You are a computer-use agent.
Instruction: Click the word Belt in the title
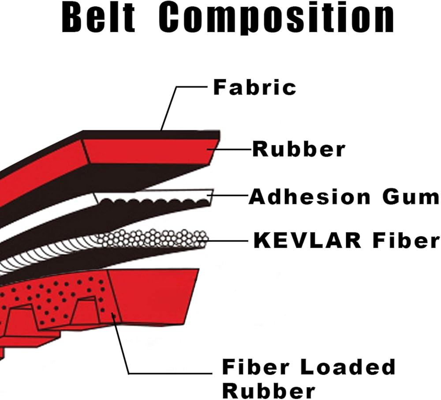[98, 18]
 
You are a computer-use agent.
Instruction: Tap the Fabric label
[254, 87]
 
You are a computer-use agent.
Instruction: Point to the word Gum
[410, 197]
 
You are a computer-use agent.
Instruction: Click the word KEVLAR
[307, 240]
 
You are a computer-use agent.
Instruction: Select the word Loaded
[348, 366]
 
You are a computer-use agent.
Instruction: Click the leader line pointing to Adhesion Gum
[228, 195]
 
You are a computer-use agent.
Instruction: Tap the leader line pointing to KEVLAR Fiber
[226, 240]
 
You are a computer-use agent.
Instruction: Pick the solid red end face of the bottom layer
[153, 295]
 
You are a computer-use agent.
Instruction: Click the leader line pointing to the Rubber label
[229, 149]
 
